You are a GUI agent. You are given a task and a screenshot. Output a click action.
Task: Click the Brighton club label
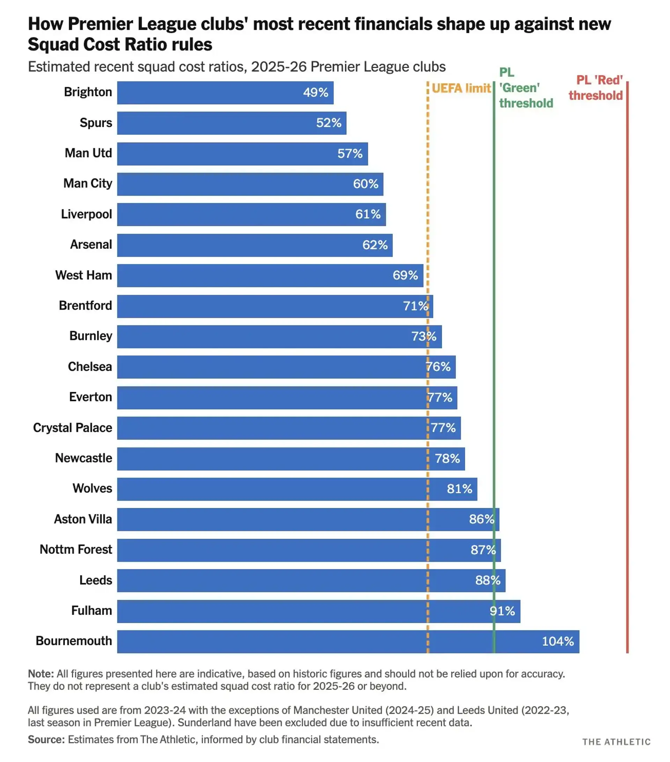[x=88, y=92]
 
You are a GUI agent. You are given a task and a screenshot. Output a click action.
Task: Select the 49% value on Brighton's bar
[x=315, y=93]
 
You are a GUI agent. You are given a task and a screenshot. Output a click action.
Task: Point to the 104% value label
[x=558, y=641]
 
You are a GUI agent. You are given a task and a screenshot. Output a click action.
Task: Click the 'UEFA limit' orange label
[x=461, y=88]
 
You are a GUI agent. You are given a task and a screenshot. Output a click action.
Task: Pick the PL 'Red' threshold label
[x=596, y=88]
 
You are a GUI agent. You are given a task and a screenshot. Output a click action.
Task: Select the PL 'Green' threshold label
[x=525, y=88]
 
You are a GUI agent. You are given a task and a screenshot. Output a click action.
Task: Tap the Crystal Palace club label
[x=73, y=428]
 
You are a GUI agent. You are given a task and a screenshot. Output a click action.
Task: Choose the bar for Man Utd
[x=242, y=154]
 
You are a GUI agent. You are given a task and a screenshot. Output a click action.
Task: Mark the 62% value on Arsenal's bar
[x=375, y=245]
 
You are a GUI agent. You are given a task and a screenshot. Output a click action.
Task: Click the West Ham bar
[x=270, y=276]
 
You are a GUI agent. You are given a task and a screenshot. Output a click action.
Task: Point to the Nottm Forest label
[x=76, y=550]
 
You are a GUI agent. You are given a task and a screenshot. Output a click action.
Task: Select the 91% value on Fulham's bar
[x=502, y=611]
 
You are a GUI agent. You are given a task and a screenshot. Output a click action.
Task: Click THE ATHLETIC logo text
[x=616, y=742]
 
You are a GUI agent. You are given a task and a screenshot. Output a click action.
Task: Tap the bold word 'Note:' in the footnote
[x=41, y=674]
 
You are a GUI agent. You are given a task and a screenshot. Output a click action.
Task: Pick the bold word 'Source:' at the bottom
[x=46, y=740]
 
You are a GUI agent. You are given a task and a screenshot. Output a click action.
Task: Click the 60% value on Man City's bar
[x=365, y=184]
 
